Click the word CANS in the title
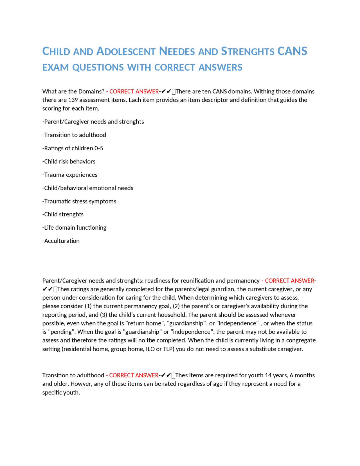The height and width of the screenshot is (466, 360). tap(292, 51)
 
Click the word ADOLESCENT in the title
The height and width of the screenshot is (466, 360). tap(126, 51)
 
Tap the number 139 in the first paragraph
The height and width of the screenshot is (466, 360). tap(73, 100)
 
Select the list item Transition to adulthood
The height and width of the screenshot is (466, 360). tap(74, 135)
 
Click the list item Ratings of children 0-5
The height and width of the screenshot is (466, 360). tap(73, 148)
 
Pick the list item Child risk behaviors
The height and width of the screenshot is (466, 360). tap(69, 161)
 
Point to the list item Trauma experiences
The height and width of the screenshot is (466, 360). tap(70, 174)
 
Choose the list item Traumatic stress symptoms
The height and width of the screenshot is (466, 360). tap(79, 201)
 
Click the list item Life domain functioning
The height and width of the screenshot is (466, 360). tap(75, 227)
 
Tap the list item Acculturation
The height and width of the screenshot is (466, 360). tap(61, 241)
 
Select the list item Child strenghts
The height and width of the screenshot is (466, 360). tap(63, 214)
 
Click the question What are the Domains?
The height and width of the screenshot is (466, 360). tap(73, 91)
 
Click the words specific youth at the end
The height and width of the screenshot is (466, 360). tap(61, 393)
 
